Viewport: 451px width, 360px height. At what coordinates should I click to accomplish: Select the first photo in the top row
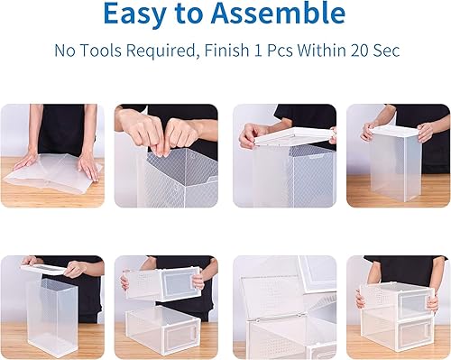point(51,156)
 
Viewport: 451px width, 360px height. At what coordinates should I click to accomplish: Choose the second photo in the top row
point(167,156)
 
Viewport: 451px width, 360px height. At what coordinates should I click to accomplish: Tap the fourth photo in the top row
point(398,156)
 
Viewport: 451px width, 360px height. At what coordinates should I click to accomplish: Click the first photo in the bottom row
point(51,301)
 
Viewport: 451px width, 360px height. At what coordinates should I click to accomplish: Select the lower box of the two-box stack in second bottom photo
point(165,325)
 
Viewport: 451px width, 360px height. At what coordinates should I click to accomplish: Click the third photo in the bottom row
point(283,301)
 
